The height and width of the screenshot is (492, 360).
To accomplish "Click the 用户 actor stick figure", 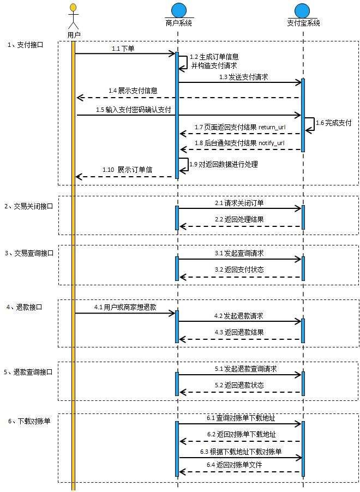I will tap(73, 17).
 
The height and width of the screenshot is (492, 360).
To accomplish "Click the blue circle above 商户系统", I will tap(178, 11).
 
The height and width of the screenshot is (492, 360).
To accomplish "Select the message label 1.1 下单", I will tap(123, 49).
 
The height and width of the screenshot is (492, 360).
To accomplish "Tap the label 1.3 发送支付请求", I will tap(243, 77).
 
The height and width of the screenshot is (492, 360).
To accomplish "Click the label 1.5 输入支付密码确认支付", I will tap(134, 110).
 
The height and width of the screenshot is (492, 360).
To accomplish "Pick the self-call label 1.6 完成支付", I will tap(333, 123).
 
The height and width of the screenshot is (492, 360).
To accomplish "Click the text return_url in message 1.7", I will tap(272, 127).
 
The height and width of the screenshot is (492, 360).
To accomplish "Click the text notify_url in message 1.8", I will tap(271, 143).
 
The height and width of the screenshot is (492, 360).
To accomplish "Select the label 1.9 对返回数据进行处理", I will tap(223, 164).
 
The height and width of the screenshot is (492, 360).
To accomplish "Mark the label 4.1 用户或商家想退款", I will tap(125, 308).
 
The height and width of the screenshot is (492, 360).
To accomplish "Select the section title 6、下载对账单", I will tap(29, 421).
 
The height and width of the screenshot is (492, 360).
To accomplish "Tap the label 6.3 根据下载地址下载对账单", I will tap(241, 452).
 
